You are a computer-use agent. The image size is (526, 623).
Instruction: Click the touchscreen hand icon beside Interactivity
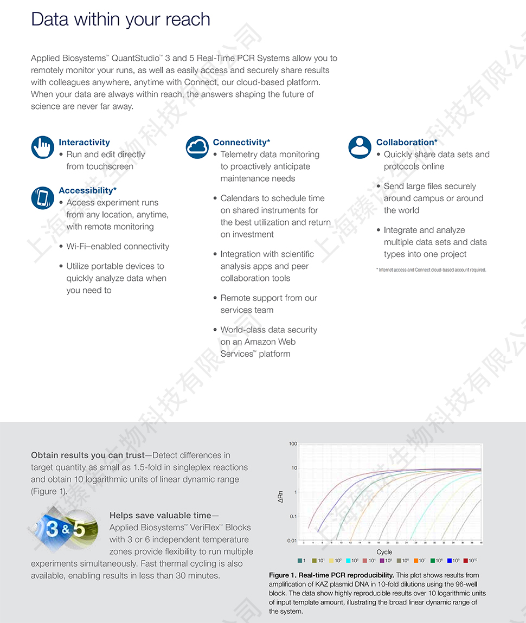pyautogui.click(x=42, y=147)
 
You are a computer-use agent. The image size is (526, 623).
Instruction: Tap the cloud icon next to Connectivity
pyautogui.click(x=197, y=147)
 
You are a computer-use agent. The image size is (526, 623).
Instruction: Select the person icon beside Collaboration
pyautogui.click(x=360, y=147)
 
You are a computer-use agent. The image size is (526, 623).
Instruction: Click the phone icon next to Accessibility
pyautogui.click(x=42, y=197)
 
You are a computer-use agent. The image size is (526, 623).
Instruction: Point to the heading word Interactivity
pyautogui.click(x=84, y=143)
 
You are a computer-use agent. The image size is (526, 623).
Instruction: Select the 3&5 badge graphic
pyautogui.click(x=65, y=528)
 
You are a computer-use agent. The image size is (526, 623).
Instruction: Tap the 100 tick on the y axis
pyautogui.click(x=293, y=444)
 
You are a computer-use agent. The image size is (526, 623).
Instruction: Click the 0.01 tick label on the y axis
pyautogui.click(x=292, y=541)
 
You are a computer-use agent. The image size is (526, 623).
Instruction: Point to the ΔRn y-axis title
pyautogui.click(x=280, y=496)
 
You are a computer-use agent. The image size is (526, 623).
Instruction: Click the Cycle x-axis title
pyautogui.click(x=384, y=551)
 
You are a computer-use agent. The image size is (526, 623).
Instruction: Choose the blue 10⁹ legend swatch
pyautogui.click(x=449, y=561)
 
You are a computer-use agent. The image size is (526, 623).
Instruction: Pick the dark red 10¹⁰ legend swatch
pyautogui.click(x=465, y=561)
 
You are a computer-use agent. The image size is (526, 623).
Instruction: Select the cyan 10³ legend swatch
pyautogui.click(x=348, y=561)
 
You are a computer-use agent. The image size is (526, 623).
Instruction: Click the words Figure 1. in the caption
pyautogui.click(x=283, y=575)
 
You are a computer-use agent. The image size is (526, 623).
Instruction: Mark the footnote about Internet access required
pyautogui.click(x=431, y=269)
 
